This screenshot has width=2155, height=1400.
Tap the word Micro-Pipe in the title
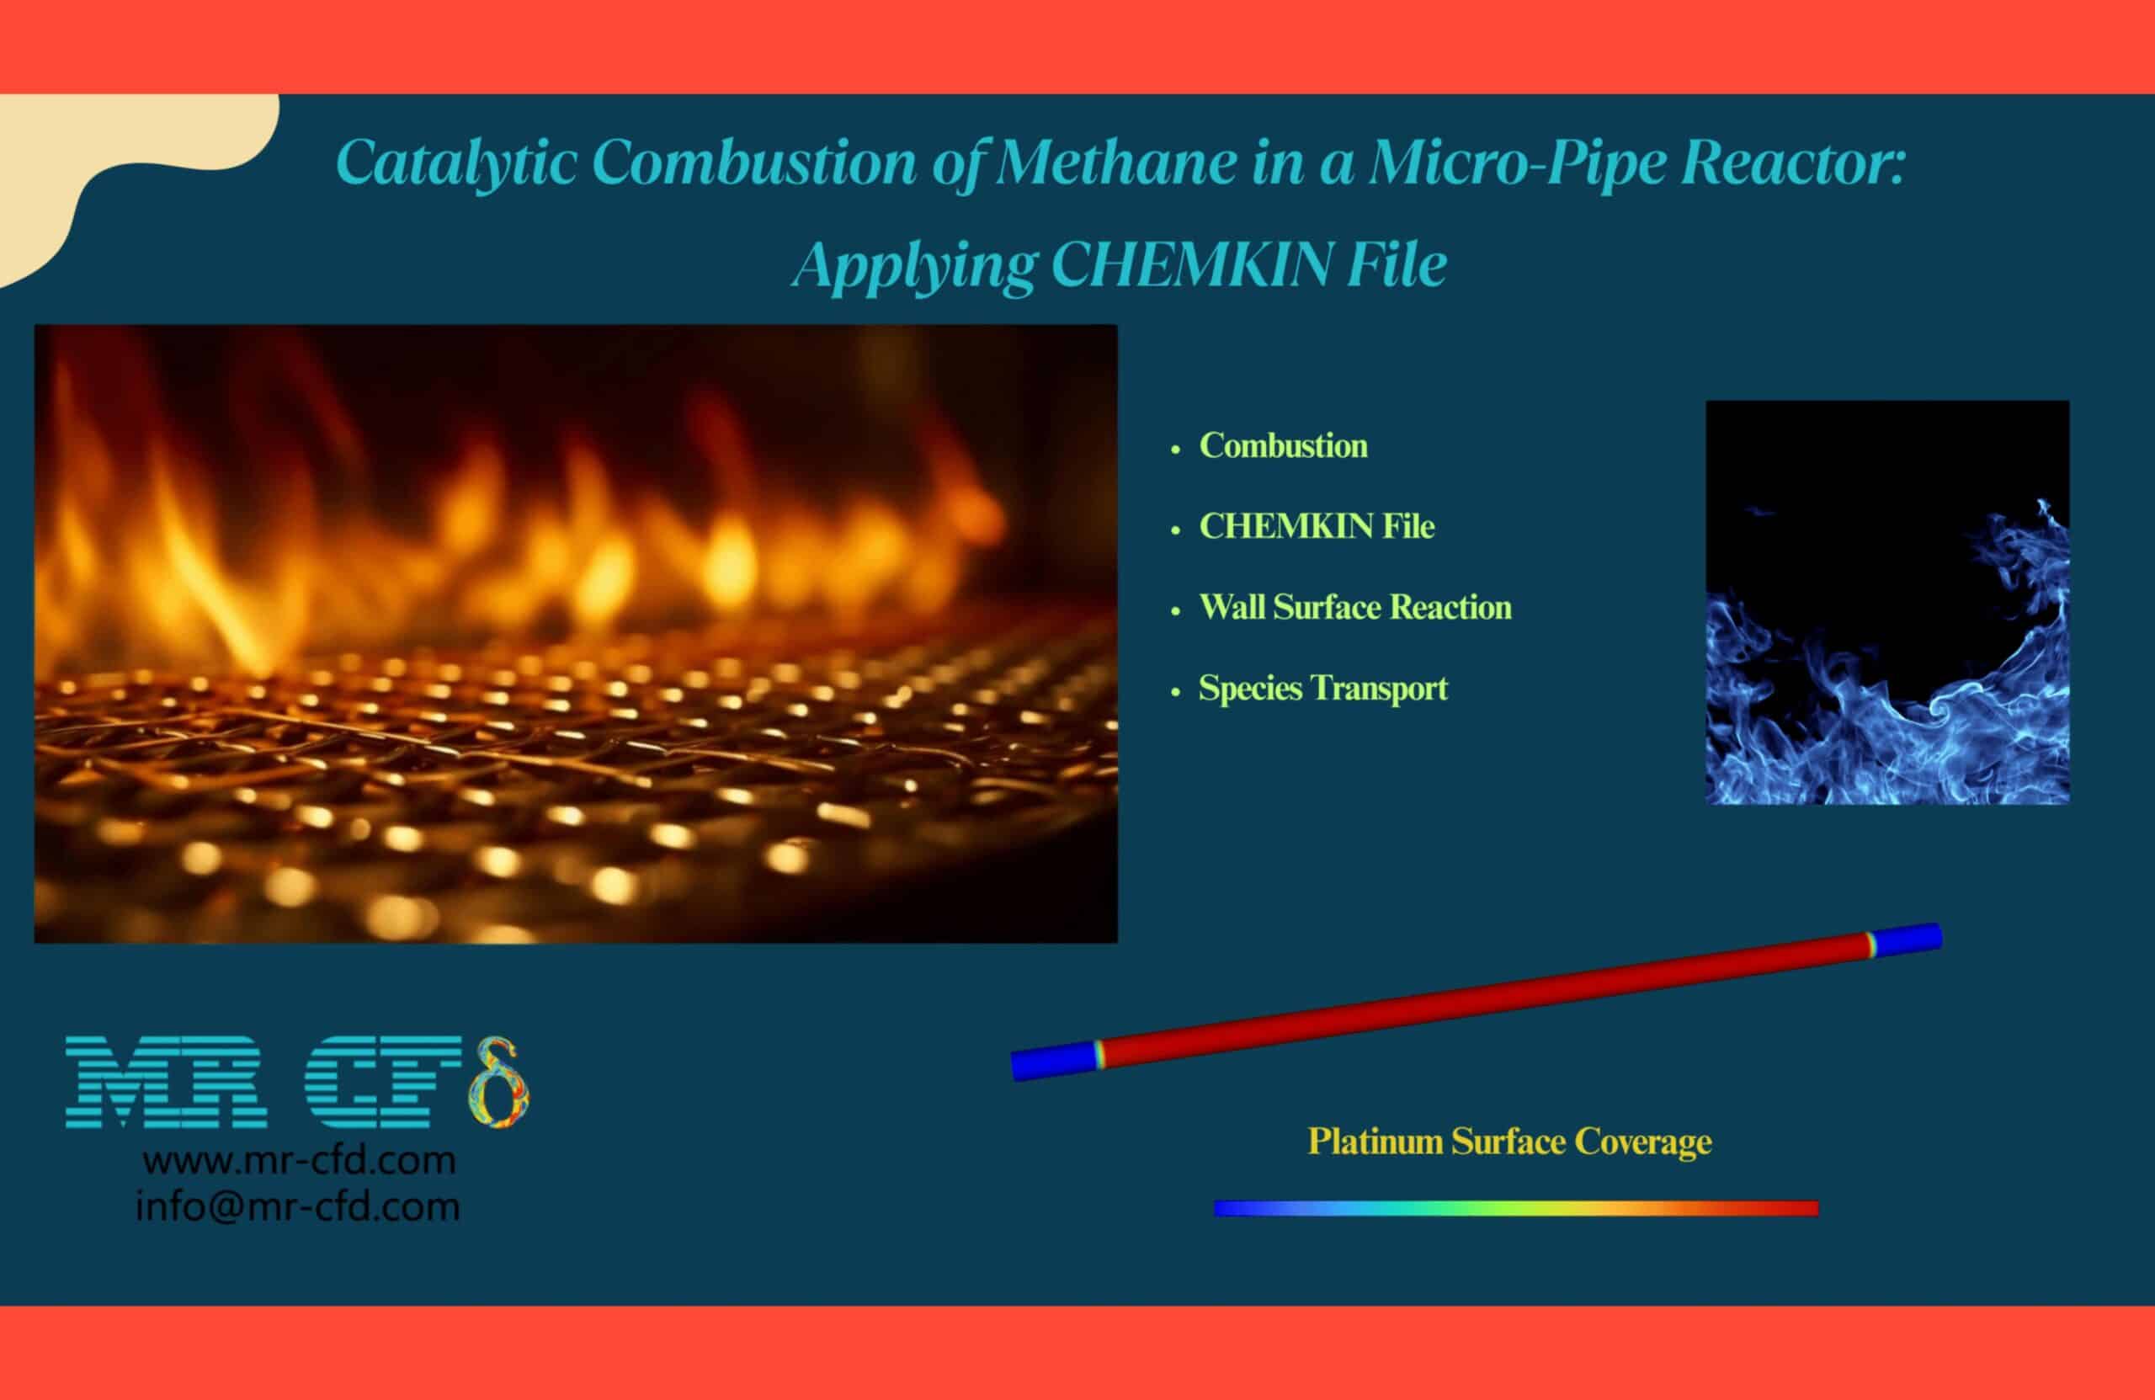tap(1518, 165)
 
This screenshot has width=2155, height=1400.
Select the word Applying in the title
tap(913, 266)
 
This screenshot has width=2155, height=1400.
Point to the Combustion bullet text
tap(1283, 445)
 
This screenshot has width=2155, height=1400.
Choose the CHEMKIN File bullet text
tap(1317, 526)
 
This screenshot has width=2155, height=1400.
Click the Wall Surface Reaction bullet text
tap(1355, 607)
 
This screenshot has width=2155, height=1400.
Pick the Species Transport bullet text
tap(1322, 689)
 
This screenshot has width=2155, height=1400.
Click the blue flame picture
tap(1887, 602)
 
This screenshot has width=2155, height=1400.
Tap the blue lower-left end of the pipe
tap(1052, 1061)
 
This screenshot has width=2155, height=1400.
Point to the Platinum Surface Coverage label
tap(1509, 1142)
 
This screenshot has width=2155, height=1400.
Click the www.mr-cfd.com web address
tap(299, 1161)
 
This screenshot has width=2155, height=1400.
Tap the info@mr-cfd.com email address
tap(298, 1207)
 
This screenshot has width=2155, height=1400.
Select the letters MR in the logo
tap(167, 1083)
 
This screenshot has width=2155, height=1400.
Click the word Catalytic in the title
tap(456, 164)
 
